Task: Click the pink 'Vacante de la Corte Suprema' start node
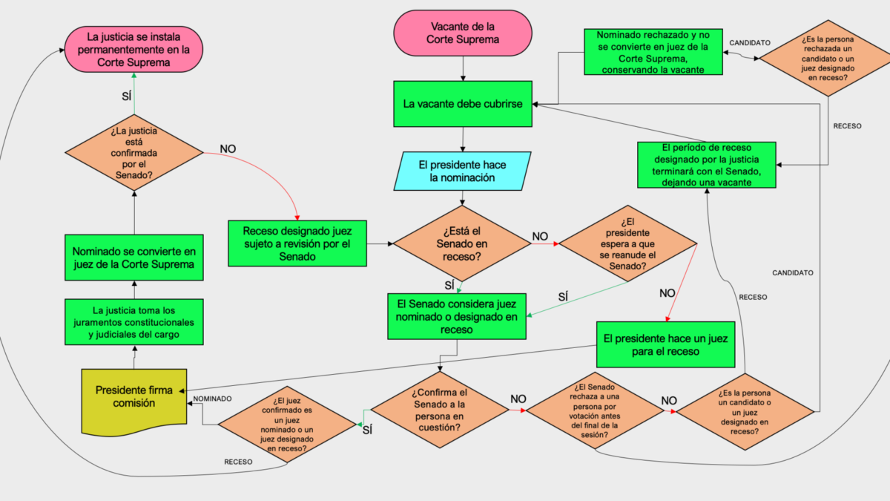tap(463, 33)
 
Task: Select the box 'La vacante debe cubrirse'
tap(463, 104)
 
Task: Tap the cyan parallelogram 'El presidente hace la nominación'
tap(462, 171)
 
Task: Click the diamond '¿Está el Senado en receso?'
tap(461, 243)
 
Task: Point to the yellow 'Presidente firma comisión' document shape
tap(134, 402)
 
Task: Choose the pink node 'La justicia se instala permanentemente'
tap(133, 49)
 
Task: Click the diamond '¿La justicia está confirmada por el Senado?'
tap(134, 153)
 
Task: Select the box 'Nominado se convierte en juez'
tap(134, 258)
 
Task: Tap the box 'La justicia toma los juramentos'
tap(134, 322)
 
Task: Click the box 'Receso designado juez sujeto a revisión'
tap(297, 243)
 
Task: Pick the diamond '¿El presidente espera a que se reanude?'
tap(627, 243)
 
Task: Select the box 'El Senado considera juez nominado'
tap(457, 316)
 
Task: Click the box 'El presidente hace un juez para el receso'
tap(665, 344)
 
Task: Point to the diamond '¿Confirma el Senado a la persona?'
tap(439, 410)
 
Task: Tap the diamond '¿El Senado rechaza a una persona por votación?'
tap(594, 410)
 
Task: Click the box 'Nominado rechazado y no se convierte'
tap(653, 52)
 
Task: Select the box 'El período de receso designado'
tap(706, 165)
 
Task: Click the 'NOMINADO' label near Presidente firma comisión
tap(212, 399)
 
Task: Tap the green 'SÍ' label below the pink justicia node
tap(126, 96)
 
